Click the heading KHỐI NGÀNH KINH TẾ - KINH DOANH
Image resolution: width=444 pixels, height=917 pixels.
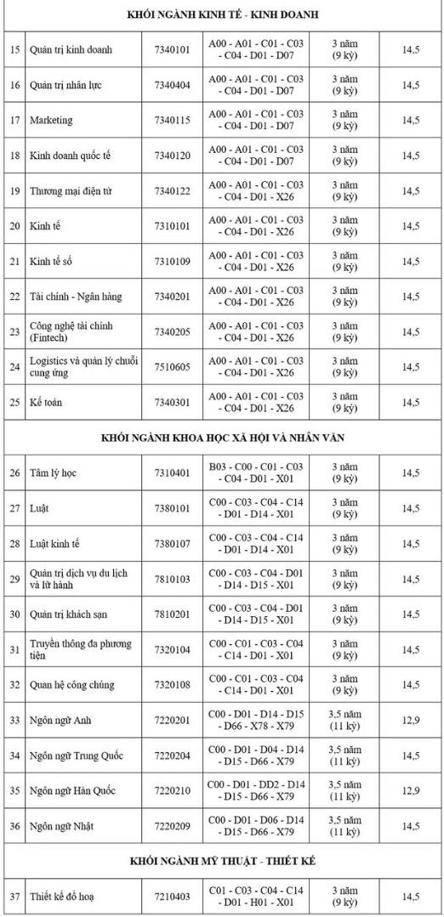[222, 15]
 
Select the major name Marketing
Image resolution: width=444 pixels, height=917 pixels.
[51, 120]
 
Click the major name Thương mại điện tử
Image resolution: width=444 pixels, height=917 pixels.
[71, 190]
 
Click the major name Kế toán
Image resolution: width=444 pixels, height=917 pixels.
[46, 402]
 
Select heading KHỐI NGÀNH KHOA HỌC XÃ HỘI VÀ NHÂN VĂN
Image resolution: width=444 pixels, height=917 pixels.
[222, 437]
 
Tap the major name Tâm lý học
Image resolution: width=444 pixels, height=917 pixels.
[53, 473]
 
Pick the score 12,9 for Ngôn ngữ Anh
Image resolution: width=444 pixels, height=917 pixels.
[411, 720]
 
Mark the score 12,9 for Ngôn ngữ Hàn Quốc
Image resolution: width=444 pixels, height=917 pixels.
[411, 790]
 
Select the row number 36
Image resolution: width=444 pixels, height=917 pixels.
[14, 826]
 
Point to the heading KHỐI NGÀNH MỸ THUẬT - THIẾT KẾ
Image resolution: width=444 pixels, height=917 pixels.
[222, 861]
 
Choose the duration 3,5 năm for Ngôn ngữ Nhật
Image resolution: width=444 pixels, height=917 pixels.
[344, 820]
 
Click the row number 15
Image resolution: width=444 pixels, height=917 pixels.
[14, 49]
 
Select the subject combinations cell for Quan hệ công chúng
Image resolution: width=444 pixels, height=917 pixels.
[256, 684]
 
